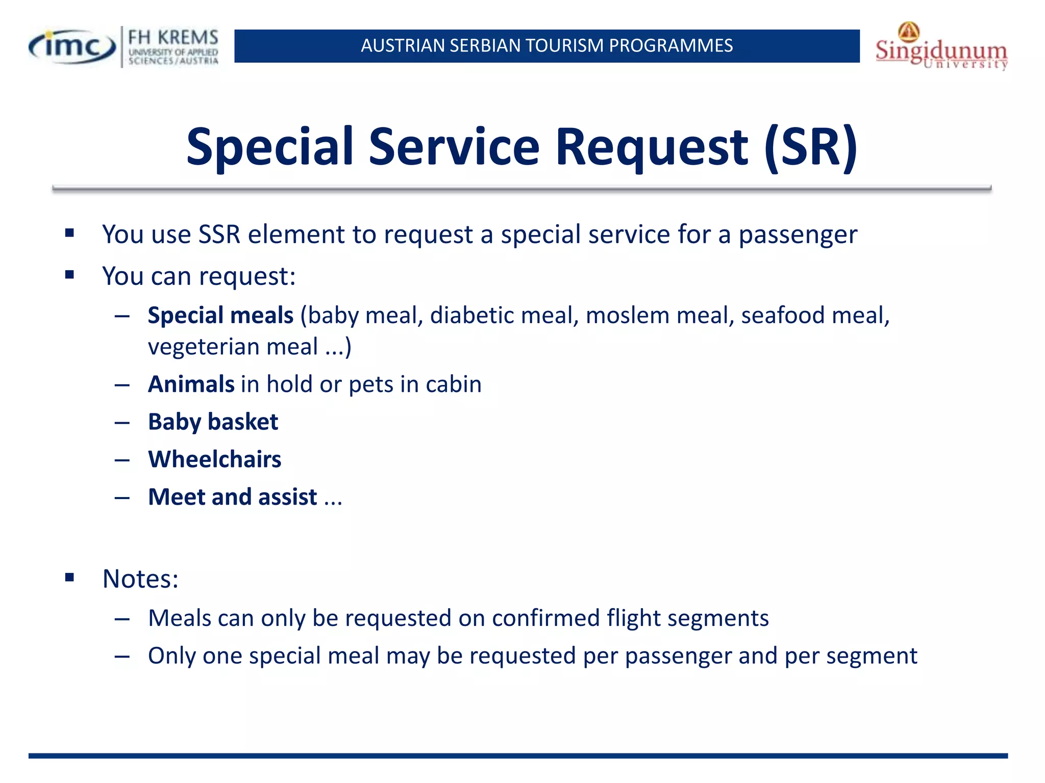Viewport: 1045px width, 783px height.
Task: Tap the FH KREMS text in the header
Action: pyautogui.click(x=173, y=37)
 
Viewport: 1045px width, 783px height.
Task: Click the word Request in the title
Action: pyautogui.click(x=652, y=147)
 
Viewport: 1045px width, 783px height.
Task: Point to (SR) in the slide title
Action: pyautogui.click(x=811, y=147)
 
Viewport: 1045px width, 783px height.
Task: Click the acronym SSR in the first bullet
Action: pyautogui.click(x=219, y=235)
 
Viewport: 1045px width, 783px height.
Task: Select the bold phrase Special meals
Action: pyautogui.click(x=220, y=316)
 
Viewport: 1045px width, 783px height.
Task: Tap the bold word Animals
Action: pyautogui.click(x=191, y=384)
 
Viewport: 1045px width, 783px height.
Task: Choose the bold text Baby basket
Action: pyautogui.click(x=213, y=422)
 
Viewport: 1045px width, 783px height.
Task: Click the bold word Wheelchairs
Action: pyautogui.click(x=214, y=459)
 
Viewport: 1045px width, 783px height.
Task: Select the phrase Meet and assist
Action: pyautogui.click(x=233, y=497)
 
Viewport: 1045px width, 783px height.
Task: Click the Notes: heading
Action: pyautogui.click(x=140, y=579)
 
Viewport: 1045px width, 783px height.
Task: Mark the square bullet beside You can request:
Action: pyautogui.click(x=70, y=275)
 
